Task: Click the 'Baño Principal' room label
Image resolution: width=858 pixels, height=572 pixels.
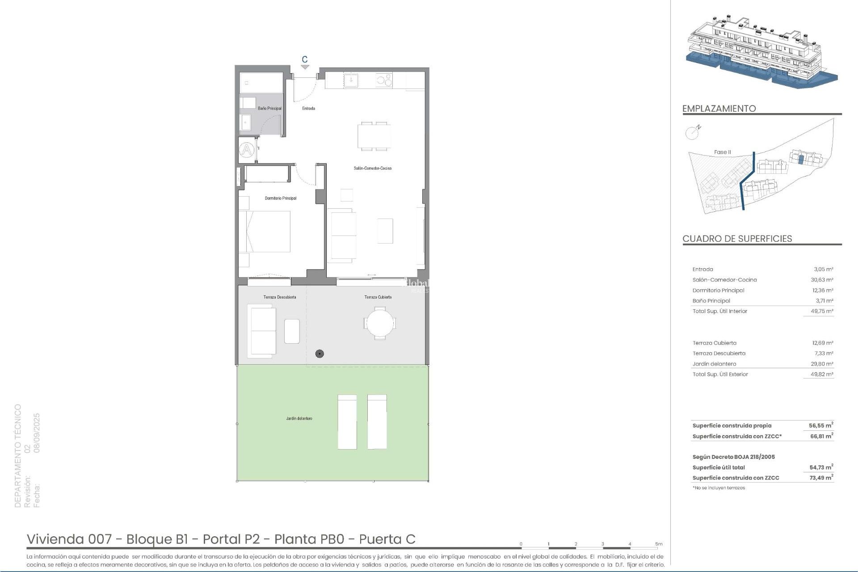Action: [269, 109]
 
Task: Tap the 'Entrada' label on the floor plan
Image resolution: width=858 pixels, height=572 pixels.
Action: [308, 109]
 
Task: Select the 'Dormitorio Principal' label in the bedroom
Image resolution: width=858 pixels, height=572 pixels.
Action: [280, 198]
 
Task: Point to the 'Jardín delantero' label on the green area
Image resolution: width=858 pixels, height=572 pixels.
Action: [299, 419]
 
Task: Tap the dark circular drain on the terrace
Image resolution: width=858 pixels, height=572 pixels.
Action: [319, 354]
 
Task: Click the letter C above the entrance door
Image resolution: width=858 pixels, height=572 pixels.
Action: [305, 59]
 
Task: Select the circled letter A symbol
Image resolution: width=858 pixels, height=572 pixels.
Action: [246, 150]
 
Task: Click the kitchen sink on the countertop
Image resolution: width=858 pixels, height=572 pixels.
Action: [351, 81]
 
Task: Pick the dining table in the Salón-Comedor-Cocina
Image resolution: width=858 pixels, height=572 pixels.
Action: [374, 136]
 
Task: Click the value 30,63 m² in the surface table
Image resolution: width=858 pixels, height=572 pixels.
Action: [822, 280]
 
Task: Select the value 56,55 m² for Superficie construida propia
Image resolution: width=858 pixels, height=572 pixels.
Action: [820, 426]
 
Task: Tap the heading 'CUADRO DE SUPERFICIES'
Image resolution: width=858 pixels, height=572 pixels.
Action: [737, 239]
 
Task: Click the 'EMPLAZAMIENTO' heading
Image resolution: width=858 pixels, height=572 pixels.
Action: [719, 109]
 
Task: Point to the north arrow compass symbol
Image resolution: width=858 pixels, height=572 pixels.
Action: [692, 132]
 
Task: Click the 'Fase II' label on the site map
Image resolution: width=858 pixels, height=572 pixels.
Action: [722, 152]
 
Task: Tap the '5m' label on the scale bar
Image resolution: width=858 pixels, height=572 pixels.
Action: [659, 544]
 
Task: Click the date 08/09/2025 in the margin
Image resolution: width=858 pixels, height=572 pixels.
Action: [37, 433]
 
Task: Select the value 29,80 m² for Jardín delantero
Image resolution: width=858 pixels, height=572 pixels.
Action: [822, 364]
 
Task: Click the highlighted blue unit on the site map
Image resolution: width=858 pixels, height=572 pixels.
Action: [801, 160]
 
